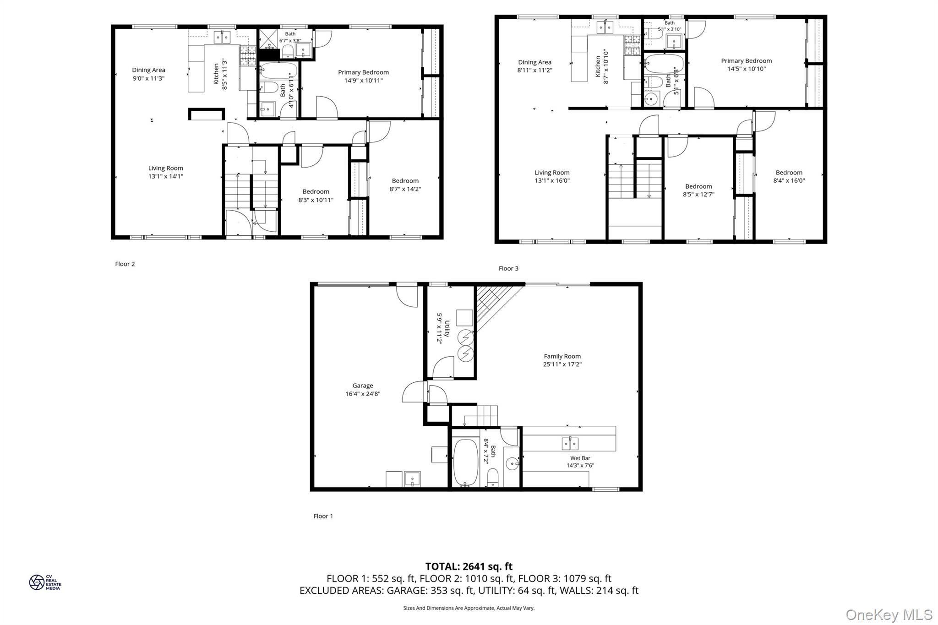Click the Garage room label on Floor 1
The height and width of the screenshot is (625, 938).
click(362, 386)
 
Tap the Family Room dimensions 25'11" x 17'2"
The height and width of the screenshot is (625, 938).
click(562, 364)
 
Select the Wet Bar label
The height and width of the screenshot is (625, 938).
click(580, 458)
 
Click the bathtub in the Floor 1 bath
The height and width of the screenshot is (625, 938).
click(465, 462)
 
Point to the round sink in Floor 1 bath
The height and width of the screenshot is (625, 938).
click(512, 464)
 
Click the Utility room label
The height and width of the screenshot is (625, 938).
click(447, 328)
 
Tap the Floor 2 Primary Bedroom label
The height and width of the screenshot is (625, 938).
click(363, 72)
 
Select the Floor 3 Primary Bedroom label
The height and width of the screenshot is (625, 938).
click(746, 61)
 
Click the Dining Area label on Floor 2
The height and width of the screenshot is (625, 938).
click(148, 70)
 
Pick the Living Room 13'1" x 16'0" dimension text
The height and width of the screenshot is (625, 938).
click(552, 180)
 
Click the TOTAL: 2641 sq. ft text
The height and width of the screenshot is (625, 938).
click(469, 566)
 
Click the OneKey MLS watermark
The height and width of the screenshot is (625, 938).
click(889, 614)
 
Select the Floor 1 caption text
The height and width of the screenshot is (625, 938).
click(323, 516)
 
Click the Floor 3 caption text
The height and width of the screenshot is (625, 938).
click(508, 268)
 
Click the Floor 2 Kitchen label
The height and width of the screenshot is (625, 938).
click(217, 74)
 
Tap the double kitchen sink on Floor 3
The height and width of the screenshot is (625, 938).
click(605, 28)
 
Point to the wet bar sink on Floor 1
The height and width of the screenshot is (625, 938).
click(570, 443)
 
